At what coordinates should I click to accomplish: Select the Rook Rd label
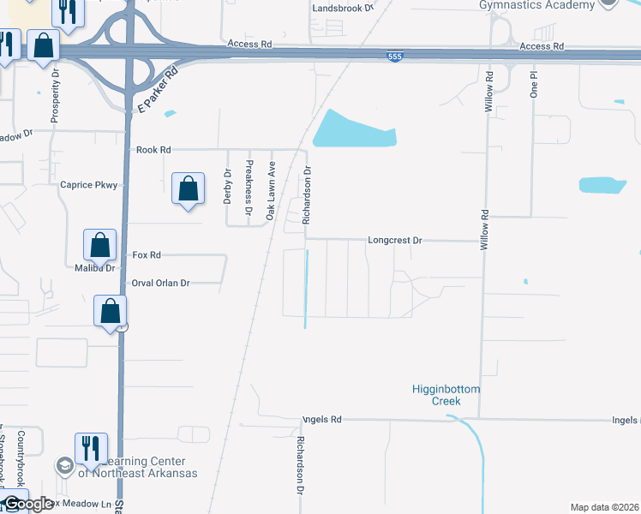click(x=153, y=149)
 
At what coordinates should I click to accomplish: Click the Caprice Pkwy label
click(x=87, y=184)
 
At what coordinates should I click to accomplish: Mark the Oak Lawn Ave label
click(x=270, y=189)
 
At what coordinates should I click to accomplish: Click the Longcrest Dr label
click(x=395, y=241)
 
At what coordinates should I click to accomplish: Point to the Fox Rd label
click(x=147, y=255)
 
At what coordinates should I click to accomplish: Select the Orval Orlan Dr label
click(x=159, y=283)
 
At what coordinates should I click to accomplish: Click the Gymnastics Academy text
click(x=537, y=5)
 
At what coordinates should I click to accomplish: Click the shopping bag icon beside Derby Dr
click(x=188, y=188)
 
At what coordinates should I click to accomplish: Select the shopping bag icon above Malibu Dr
click(x=100, y=245)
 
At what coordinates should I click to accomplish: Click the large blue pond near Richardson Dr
click(x=353, y=131)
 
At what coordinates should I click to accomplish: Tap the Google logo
click(x=27, y=505)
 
